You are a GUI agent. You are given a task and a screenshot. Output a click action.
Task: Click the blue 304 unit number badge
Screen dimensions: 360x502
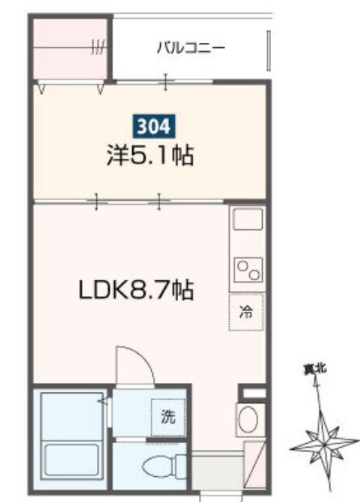pos(153,126)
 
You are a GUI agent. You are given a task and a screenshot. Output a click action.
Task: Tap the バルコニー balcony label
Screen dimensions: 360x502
pos(191,48)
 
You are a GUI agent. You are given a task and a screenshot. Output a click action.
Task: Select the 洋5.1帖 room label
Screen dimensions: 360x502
pos(150,155)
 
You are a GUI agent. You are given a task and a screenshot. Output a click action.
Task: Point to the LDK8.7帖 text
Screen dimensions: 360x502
pos(136,290)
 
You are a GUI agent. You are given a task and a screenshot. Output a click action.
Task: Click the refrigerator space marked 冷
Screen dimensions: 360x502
pos(246,312)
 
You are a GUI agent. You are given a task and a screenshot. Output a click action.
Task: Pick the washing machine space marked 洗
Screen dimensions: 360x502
pos(168,417)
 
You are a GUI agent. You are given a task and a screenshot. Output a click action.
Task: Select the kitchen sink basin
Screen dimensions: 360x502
pos(248,219)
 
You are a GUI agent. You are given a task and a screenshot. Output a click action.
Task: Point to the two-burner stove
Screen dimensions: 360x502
pos(248,270)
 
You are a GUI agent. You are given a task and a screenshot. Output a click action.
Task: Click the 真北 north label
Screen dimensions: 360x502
pos(315,369)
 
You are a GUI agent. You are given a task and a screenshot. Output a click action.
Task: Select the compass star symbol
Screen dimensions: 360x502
pos(324,445)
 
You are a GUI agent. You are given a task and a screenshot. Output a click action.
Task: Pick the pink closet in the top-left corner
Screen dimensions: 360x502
pos(70,49)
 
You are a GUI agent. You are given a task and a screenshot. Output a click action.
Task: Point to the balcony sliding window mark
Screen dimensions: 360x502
pos(166,82)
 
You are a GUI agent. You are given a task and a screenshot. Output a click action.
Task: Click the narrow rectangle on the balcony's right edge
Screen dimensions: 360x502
pos(269,50)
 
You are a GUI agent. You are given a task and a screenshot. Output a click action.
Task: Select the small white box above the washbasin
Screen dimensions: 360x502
pos(254,393)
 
